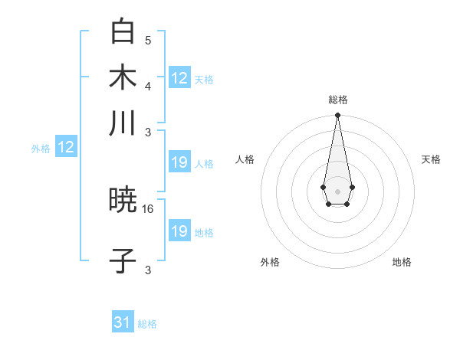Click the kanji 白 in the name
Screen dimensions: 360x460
pyautogui.click(x=123, y=32)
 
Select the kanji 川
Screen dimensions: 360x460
pyautogui.click(x=123, y=123)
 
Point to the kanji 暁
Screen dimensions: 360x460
pyautogui.click(x=123, y=201)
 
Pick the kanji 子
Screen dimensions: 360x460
pyautogui.click(x=123, y=261)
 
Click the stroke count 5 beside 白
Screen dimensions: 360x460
pyautogui.click(x=148, y=40)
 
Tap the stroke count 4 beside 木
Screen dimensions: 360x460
pyautogui.click(x=148, y=85)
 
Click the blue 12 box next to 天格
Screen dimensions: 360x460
pyautogui.click(x=179, y=78)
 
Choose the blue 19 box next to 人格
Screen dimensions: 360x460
pyautogui.click(x=179, y=162)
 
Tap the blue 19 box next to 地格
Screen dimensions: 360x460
pyautogui.click(x=179, y=231)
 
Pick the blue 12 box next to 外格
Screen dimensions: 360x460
pyautogui.click(x=66, y=148)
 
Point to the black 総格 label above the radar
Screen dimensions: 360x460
pyautogui.click(x=338, y=100)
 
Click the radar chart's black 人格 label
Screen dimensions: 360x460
pyautogui.click(x=245, y=159)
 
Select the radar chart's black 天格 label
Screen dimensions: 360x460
pyautogui.click(x=431, y=159)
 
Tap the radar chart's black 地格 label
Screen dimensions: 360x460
pyautogui.click(x=402, y=262)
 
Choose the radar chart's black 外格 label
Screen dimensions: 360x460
pyautogui.click(x=270, y=262)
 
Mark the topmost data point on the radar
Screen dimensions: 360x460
pyautogui.click(x=337, y=116)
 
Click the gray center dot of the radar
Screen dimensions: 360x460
pyautogui.click(x=337, y=190)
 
